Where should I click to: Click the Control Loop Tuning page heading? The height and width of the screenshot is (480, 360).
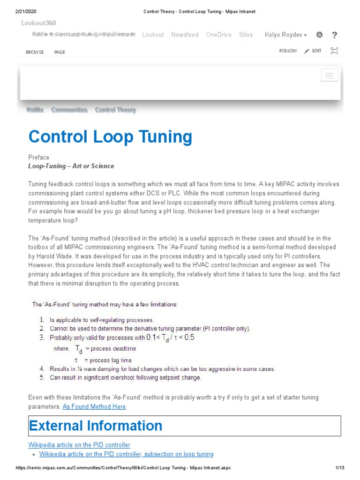[x=110, y=137]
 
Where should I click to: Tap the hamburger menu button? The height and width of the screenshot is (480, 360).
[x=330, y=75]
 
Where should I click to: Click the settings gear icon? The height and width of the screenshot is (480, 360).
[x=319, y=35]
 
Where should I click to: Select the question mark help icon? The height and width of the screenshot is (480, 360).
[x=334, y=35]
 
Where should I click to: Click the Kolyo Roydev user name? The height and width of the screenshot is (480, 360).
[x=285, y=35]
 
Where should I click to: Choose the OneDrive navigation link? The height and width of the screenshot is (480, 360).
[x=218, y=35]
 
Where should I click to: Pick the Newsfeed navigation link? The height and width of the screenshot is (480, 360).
[x=185, y=35]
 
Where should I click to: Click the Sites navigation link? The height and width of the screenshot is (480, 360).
[x=246, y=35]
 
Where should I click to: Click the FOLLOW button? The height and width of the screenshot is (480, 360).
[x=288, y=51]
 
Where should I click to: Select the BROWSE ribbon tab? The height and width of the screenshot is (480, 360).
[x=35, y=52]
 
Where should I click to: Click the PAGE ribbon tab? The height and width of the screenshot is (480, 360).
[x=60, y=52]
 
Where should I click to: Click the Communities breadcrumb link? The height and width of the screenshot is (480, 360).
[x=69, y=110]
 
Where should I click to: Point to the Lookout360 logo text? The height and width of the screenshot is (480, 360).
[x=38, y=22]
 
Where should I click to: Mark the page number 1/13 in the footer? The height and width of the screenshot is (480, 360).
[x=340, y=468]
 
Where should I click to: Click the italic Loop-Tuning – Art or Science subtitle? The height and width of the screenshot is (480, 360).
[x=71, y=166]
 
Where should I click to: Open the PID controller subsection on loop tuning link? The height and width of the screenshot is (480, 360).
[x=126, y=454]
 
